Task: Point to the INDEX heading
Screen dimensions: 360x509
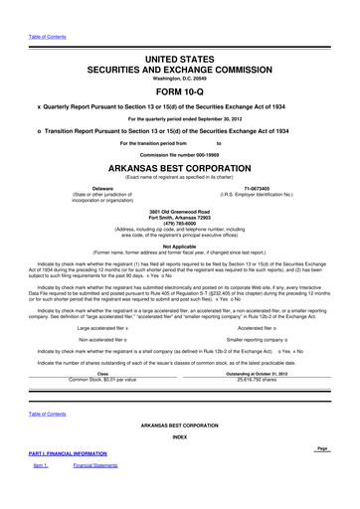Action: (x=179, y=436)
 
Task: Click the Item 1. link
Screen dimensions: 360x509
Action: (x=42, y=465)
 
